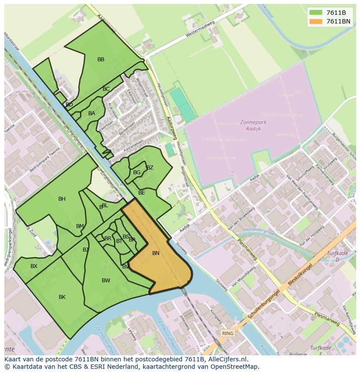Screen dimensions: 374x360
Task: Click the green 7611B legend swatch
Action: click(x=316, y=13)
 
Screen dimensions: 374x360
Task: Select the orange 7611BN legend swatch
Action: click(x=316, y=21)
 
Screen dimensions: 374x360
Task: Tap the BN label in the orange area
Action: click(x=156, y=253)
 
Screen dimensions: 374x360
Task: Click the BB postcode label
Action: click(x=101, y=60)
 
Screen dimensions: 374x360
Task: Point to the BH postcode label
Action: click(x=62, y=199)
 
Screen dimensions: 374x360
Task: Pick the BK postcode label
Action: click(x=62, y=297)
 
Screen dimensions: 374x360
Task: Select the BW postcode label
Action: click(x=106, y=281)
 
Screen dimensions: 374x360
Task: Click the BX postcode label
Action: click(x=34, y=266)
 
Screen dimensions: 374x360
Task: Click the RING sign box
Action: click(x=227, y=334)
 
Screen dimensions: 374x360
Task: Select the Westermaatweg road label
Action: click(x=200, y=28)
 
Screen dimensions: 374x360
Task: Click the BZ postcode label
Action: click(x=150, y=168)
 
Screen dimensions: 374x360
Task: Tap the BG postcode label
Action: click(x=137, y=172)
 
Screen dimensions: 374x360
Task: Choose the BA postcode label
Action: click(x=92, y=113)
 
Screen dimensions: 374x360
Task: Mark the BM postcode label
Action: click(x=80, y=226)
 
